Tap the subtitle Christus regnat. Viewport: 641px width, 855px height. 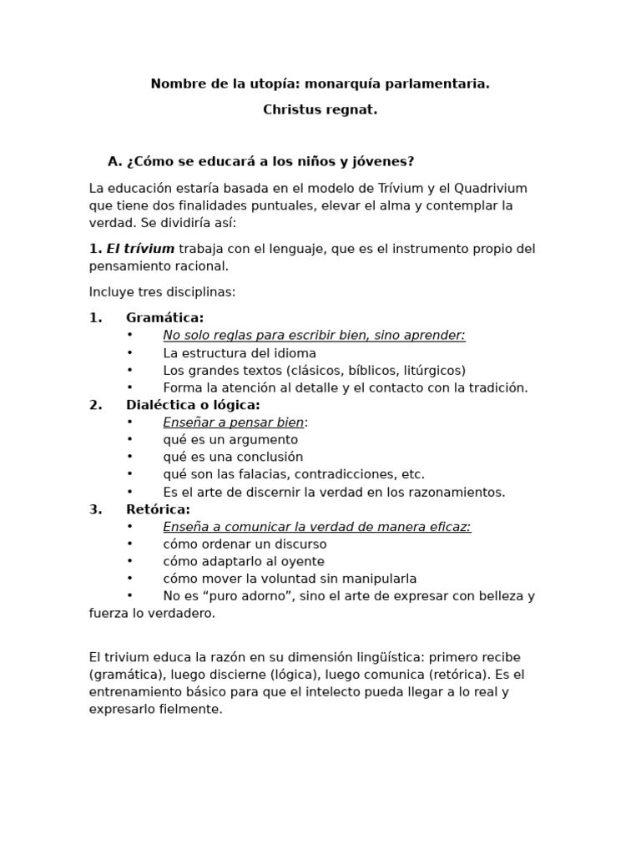coord(320,109)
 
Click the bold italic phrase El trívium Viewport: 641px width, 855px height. coord(140,249)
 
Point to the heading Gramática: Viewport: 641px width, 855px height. coord(164,317)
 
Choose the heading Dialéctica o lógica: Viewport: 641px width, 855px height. coord(193,405)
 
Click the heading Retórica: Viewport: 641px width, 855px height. coord(158,509)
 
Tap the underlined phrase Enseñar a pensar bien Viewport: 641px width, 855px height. coord(233,422)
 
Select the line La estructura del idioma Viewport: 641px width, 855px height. coord(240,353)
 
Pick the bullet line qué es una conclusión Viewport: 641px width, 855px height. coord(233,457)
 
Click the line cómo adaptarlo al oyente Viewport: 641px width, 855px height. coord(244,561)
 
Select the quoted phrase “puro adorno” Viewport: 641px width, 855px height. coord(241,596)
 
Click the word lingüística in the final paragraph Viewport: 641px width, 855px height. coord(389,657)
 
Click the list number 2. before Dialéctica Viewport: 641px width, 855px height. coord(96,405)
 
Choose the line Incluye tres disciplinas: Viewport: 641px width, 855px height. coord(163,292)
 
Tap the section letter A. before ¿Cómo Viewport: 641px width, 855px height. coord(115,161)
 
